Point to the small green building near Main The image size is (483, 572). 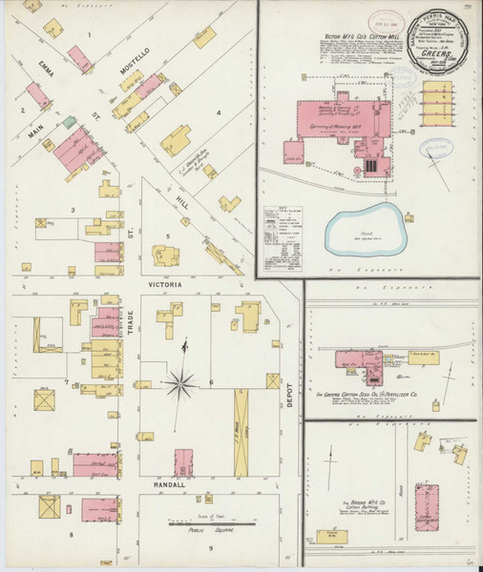point(69,122)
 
